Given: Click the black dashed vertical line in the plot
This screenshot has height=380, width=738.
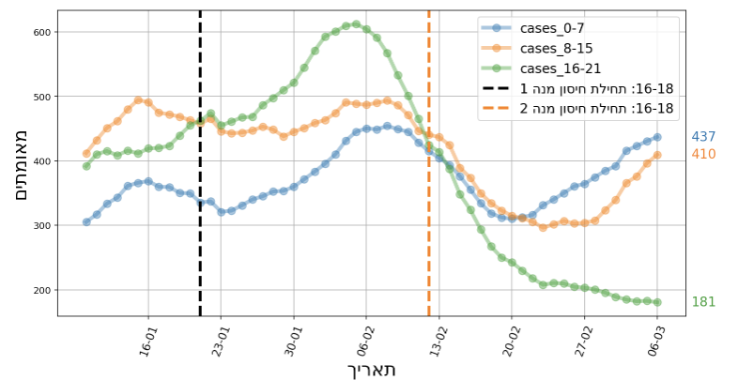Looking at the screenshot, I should (x=200, y=235).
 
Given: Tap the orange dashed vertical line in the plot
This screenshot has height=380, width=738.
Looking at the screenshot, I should (x=429, y=235).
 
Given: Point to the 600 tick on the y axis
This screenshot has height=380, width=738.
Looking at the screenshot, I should (x=39, y=32).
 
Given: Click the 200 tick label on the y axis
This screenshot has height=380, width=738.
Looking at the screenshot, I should (x=39, y=290).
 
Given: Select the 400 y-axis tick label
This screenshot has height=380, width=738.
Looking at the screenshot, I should (x=39, y=161).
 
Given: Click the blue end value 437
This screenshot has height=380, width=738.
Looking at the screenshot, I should (x=703, y=137).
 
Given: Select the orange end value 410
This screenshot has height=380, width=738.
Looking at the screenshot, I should (x=703, y=154).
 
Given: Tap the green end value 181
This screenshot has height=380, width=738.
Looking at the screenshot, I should (x=703, y=302).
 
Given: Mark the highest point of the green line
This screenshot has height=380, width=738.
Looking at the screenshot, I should (x=357, y=24).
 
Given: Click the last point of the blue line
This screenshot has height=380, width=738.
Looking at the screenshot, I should (x=657, y=137).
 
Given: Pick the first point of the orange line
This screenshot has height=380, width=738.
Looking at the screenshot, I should (x=86, y=153).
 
